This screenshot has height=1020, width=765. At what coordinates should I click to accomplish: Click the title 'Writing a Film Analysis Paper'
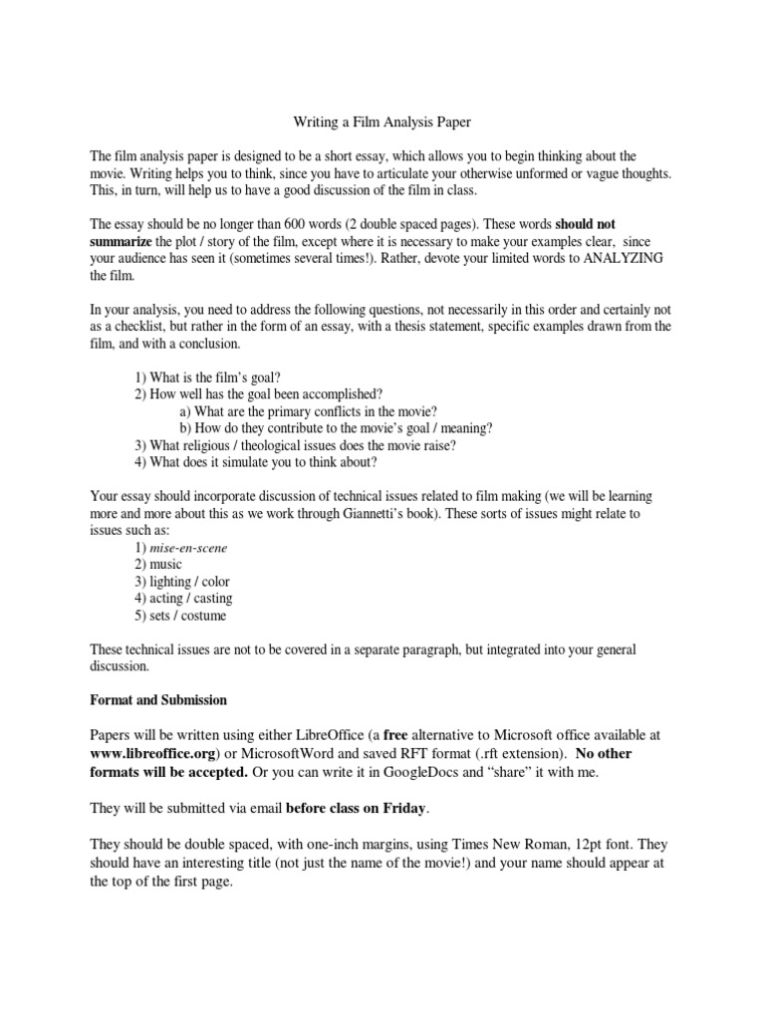382,123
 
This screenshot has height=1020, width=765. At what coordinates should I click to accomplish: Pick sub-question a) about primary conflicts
308,411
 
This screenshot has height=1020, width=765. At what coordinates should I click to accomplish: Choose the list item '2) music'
158,565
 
